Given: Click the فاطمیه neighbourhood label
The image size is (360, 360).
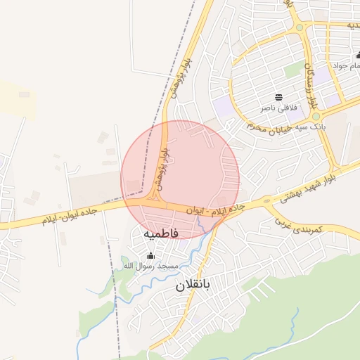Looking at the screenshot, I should [x=161, y=232].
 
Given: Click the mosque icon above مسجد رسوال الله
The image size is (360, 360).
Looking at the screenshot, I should [x=150, y=255].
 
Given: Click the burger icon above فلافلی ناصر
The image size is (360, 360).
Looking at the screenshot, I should [x=279, y=97].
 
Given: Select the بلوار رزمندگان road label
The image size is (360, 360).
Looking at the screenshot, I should [x=309, y=84].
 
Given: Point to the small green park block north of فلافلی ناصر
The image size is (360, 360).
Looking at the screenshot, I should [x=293, y=71].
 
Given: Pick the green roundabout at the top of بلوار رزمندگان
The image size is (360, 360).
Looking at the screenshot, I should [x=300, y=28].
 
